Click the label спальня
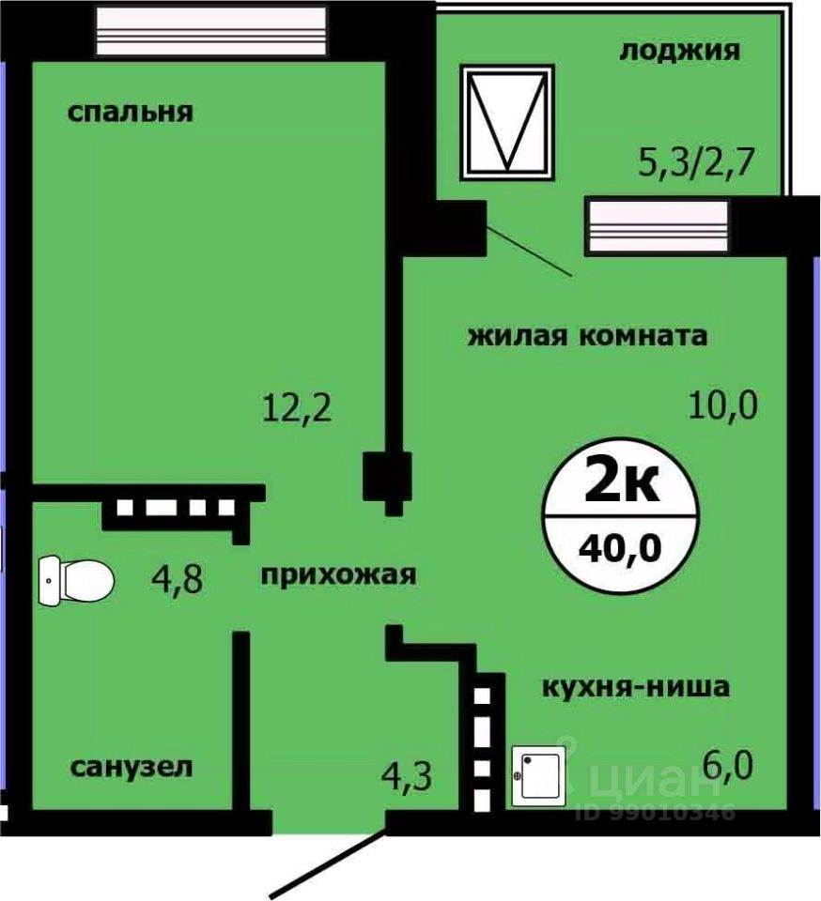click(x=130, y=113)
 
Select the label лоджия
click(x=679, y=50)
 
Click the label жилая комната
click(x=587, y=335)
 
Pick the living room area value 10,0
click(x=720, y=405)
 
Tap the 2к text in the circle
click(x=620, y=484)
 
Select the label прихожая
click(x=337, y=574)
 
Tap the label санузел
click(x=132, y=767)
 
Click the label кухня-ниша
click(x=635, y=687)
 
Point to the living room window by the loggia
click(x=658, y=226)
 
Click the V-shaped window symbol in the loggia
click(x=507, y=121)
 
